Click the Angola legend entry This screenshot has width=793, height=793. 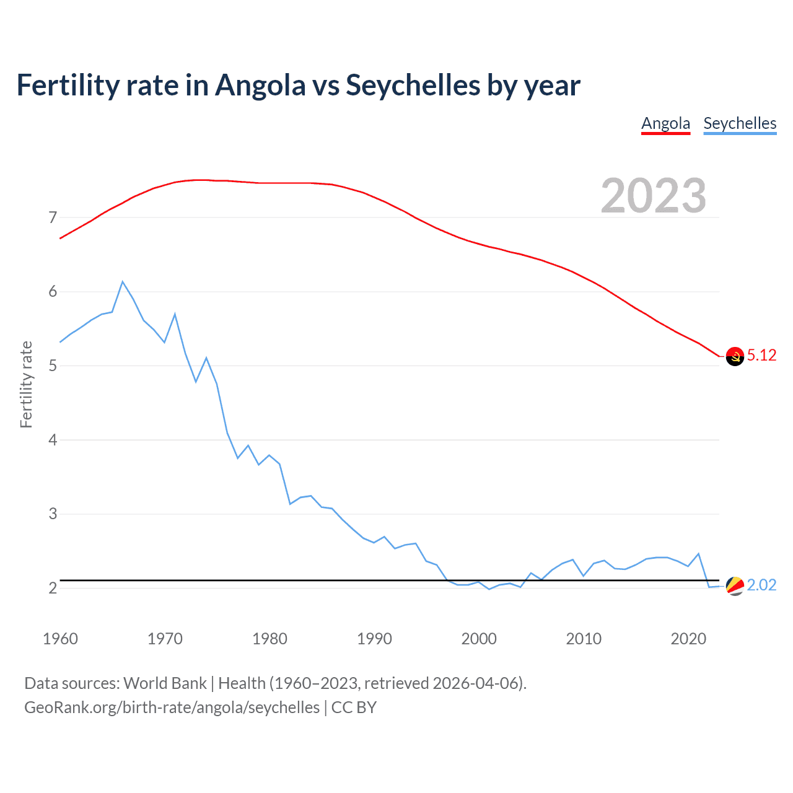[x=665, y=123]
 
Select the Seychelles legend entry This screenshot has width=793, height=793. [x=740, y=123]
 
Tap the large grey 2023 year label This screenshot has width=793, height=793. [x=654, y=196]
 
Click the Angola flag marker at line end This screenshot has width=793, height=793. [x=735, y=356]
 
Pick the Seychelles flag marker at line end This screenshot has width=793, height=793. [x=735, y=585]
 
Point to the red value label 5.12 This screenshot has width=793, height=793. [x=761, y=355]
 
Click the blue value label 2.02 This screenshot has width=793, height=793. [x=761, y=585]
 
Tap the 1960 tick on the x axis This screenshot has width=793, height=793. [x=60, y=639]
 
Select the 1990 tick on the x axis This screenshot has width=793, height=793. [x=374, y=639]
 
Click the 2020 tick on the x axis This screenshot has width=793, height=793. [x=688, y=639]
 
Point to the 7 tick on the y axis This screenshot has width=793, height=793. [x=53, y=217]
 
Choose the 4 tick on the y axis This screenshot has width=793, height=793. [x=53, y=440]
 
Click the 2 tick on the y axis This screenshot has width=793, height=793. [x=53, y=588]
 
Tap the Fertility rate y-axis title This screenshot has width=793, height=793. [x=26, y=384]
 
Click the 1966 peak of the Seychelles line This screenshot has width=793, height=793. [x=123, y=282]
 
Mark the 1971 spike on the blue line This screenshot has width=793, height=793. [x=175, y=314]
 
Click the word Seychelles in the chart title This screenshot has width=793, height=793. [x=413, y=85]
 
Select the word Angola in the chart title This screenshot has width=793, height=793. [x=260, y=85]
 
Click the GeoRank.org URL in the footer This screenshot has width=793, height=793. [x=172, y=708]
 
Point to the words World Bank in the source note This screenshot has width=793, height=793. [x=165, y=683]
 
